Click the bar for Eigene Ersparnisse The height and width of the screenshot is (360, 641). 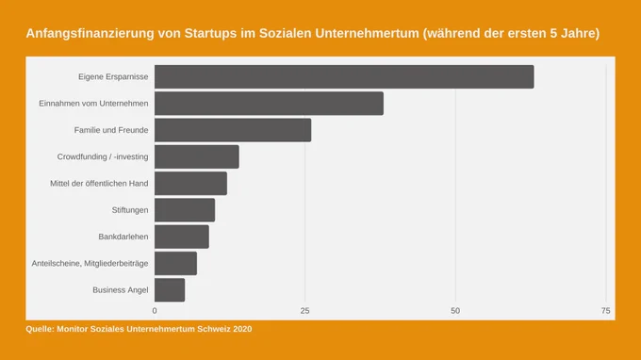point(344,77)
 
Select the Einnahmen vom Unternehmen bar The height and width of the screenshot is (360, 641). point(269,104)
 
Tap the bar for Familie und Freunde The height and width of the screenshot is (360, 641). point(233,130)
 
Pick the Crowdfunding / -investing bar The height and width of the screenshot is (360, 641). point(197,156)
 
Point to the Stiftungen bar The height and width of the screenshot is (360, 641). point(185,210)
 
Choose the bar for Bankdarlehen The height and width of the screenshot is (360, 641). point(182,237)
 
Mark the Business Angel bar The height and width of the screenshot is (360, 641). point(170,290)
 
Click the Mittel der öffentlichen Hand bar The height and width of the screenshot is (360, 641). point(190,184)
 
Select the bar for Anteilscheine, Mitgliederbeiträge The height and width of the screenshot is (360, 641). point(175,264)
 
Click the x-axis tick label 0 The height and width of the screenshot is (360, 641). point(155,311)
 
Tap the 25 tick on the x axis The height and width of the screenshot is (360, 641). point(305,311)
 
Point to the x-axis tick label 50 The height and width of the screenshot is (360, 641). point(455,311)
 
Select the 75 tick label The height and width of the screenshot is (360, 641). point(606,311)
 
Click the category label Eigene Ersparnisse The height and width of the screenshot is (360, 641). point(113,77)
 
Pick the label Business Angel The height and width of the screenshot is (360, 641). point(121,290)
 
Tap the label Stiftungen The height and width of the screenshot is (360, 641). point(130,210)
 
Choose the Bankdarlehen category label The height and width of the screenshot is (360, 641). point(123,237)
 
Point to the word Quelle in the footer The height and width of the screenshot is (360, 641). point(40,329)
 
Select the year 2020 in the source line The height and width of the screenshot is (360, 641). point(242,329)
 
